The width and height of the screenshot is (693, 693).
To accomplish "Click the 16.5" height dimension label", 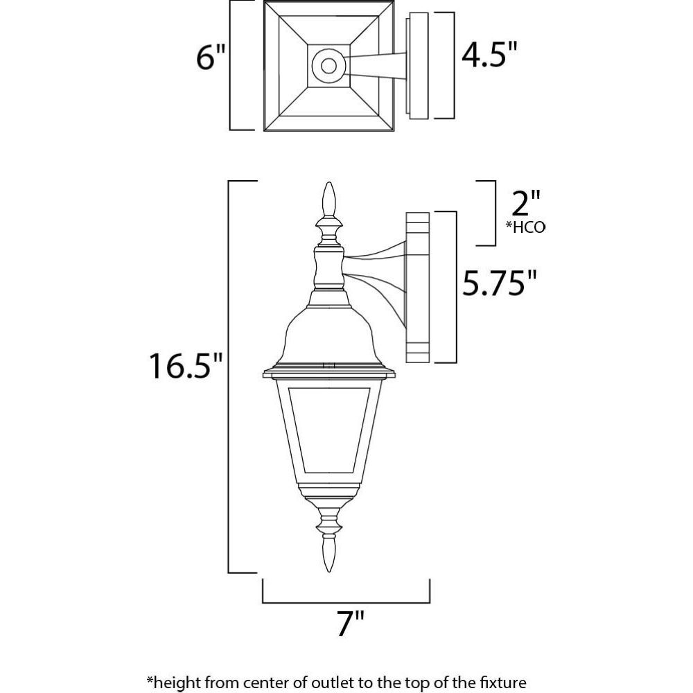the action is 186,365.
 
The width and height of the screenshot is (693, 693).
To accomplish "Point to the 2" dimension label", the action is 525,203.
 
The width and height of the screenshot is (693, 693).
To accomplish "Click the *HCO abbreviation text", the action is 525,227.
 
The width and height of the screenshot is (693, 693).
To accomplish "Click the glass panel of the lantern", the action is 328,430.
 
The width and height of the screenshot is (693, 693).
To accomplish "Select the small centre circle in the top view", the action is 328,66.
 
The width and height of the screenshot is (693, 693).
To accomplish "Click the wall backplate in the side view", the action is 418,288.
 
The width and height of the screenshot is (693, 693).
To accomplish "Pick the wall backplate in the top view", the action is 418,66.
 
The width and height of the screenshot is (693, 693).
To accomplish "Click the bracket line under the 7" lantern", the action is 346,602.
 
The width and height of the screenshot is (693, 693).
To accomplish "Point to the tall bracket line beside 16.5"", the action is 229,376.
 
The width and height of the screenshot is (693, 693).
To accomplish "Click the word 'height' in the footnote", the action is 179,681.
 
